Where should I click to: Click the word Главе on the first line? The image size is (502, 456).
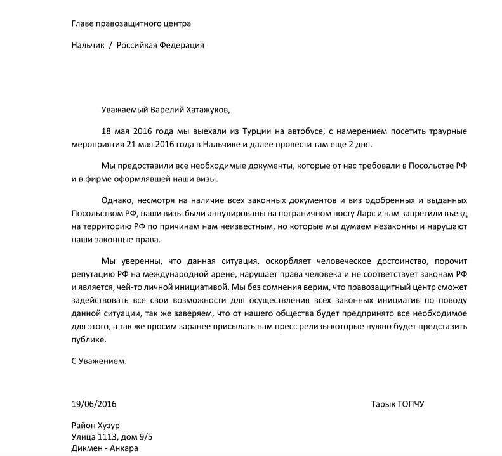coord(83,23)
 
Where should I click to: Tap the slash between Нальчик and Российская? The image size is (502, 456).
coord(110,46)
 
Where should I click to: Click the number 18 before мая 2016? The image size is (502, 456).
coord(106,131)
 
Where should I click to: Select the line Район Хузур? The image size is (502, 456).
coord(96,426)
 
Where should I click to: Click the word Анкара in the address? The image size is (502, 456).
coord(124,448)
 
